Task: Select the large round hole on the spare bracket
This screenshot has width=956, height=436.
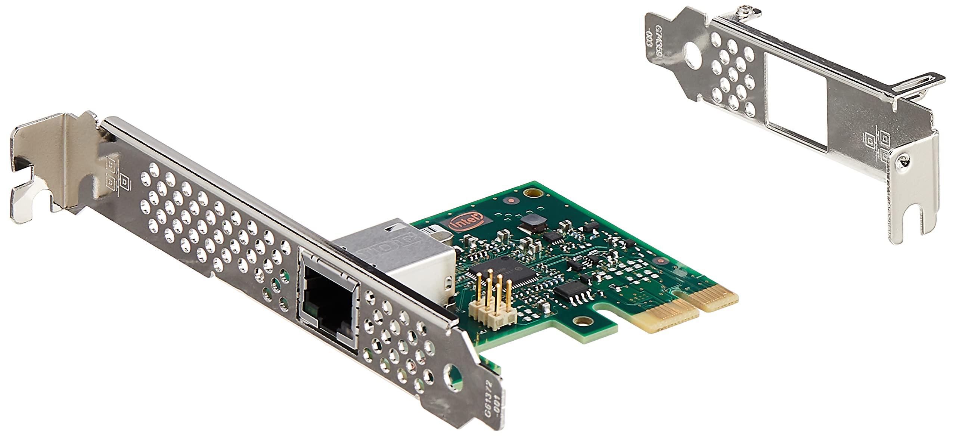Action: click(693, 60)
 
